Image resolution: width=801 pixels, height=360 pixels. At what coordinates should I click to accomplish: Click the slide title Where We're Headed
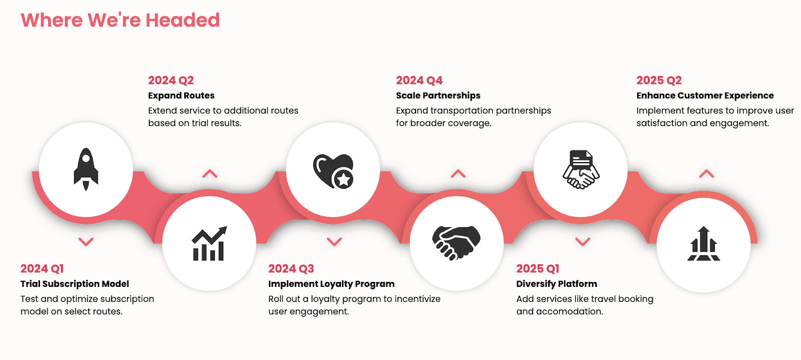[120, 20]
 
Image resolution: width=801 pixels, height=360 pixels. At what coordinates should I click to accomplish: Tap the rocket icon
[86, 169]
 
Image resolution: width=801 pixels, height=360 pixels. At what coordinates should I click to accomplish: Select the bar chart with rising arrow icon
[210, 243]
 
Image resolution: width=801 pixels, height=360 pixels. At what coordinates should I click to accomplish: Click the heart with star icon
[333, 171]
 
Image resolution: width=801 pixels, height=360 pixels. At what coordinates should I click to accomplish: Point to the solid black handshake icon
[456, 242]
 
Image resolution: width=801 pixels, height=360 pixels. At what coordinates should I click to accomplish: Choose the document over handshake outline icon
[581, 169]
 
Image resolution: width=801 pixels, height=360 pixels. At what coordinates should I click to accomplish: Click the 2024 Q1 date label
[42, 268]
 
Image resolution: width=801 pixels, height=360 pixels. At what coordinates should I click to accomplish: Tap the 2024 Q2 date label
[171, 81]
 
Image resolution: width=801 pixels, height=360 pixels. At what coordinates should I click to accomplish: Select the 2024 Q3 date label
[291, 268]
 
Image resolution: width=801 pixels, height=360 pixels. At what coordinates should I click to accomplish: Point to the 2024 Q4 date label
[419, 81]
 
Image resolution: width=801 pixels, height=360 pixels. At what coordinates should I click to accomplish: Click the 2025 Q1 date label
[538, 268]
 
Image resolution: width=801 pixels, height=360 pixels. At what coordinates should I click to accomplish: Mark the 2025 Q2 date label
[659, 81]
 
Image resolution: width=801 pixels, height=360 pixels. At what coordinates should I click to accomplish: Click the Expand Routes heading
[181, 96]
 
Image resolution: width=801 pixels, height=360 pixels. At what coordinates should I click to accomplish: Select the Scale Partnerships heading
[438, 96]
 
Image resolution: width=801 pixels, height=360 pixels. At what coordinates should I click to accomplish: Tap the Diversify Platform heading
[556, 284]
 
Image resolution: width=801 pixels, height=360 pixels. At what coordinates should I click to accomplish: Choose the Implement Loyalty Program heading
[331, 284]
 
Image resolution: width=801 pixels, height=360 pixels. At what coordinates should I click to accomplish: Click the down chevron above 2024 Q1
[86, 242]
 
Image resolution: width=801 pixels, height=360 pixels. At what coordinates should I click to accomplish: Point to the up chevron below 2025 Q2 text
[706, 174]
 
